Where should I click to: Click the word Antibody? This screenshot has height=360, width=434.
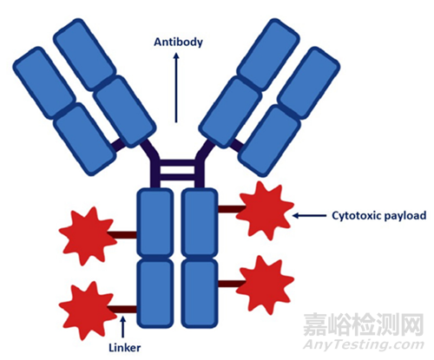(178, 43)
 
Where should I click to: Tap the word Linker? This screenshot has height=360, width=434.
(125, 348)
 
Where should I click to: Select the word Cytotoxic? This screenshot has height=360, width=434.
(356, 216)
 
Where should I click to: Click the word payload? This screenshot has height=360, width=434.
(404, 216)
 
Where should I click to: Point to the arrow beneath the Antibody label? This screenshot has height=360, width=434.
(176, 88)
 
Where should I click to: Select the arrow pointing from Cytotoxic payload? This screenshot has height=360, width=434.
(309, 215)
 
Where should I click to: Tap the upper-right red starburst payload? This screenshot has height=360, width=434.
(265, 210)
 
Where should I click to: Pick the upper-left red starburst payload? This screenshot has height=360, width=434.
(88, 235)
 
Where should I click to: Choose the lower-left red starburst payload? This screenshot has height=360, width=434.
(88, 310)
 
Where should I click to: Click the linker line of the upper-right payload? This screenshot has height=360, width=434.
(231, 209)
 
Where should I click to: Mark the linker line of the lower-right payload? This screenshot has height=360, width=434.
(231, 284)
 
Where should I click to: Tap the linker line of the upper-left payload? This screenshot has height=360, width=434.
(122, 235)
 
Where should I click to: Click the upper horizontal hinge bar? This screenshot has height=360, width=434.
(177, 163)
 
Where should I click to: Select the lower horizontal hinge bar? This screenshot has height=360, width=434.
(177, 177)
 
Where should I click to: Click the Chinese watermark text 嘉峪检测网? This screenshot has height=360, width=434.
(364, 324)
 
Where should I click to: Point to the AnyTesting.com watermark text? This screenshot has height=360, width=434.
(364, 344)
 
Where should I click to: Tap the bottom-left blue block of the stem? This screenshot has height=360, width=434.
(155, 293)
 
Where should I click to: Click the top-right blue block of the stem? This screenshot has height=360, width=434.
(200, 222)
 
